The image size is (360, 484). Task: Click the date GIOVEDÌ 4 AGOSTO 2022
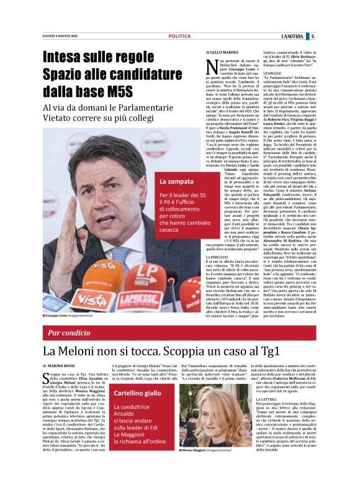click(x=60, y=36)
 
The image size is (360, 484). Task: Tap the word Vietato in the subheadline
click(x=63, y=118)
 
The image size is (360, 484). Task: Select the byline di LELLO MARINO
click(x=222, y=52)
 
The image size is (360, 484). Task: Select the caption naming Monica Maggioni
click(x=218, y=467)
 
